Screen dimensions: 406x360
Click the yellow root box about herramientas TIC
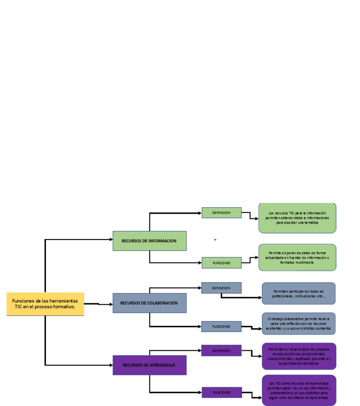[45, 304]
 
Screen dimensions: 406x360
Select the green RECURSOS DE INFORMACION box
[149, 241]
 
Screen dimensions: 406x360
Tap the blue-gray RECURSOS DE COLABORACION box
[149, 303]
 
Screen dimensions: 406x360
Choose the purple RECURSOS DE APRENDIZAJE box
[149, 365]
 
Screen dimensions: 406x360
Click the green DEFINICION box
[221, 212]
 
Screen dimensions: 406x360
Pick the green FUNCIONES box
[221, 263]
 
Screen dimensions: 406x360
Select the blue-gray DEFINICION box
[221, 288]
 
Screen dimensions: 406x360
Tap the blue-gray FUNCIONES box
[221, 326]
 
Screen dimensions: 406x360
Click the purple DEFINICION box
[221, 351]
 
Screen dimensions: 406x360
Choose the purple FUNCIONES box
[221, 392]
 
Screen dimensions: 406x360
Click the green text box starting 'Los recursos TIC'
[297, 218]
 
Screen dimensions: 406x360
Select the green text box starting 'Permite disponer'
[297, 257]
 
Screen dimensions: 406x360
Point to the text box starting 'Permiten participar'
[299, 293]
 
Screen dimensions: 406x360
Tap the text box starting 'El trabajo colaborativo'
[299, 324]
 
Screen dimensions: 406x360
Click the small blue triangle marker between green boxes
[215, 240]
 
